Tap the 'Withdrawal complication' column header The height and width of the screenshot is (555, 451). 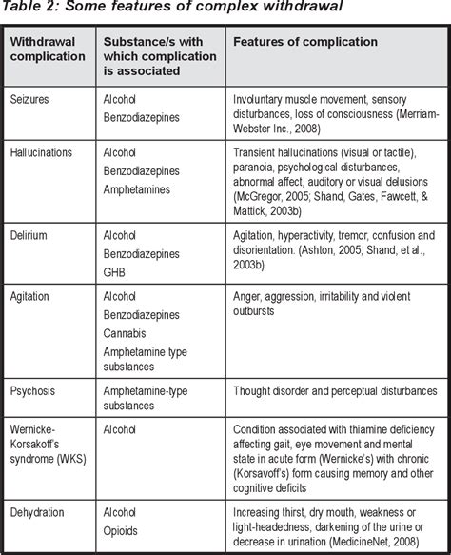(45, 50)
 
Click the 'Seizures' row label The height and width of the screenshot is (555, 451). (32, 97)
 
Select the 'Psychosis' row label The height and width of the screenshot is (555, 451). (36, 390)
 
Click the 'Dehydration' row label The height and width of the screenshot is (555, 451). (41, 511)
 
